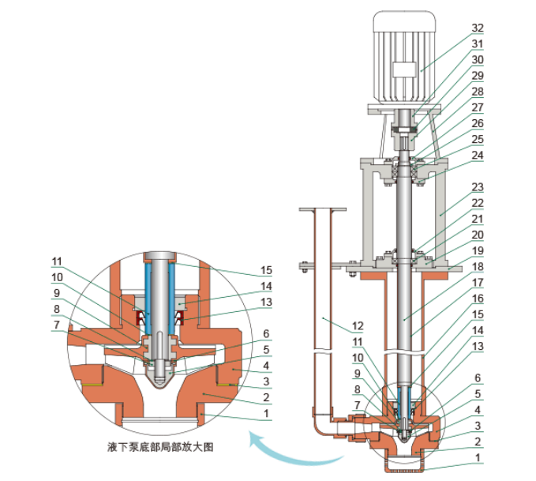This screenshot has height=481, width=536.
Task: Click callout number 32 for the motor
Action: [478, 28]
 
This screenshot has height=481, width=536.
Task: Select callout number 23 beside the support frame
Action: [478, 187]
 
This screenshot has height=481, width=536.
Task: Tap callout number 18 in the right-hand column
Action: [478, 267]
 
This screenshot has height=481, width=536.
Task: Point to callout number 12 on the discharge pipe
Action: [358, 326]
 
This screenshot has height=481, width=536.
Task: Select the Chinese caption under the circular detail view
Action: [160, 447]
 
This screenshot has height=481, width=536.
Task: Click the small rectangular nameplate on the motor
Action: [404, 70]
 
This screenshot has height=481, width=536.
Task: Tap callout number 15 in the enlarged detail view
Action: [266, 270]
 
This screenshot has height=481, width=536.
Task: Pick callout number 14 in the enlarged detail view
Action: [266, 287]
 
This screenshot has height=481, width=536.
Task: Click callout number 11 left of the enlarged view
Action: [57, 261]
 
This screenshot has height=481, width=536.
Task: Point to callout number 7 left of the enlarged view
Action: [57, 325]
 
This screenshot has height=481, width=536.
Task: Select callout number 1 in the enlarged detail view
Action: [266, 414]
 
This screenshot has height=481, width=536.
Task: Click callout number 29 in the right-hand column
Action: [478, 76]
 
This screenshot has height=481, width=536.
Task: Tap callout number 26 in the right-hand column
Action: [478, 123]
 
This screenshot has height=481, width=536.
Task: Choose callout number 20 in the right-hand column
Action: [478, 235]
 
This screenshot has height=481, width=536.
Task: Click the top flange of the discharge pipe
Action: [322, 209]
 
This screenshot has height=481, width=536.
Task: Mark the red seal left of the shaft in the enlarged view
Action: [141, 318]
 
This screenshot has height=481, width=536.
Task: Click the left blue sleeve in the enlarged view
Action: [148, 299]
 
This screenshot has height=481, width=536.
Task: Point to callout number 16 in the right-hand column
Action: [478, 299]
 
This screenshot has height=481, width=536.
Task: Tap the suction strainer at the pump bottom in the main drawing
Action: [404, 464]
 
